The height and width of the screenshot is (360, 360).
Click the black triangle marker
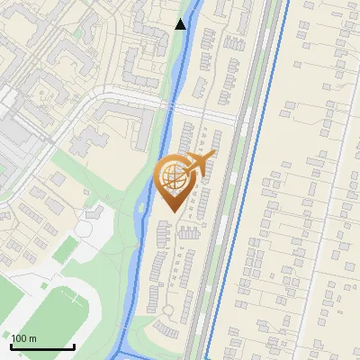(x=181, y=24)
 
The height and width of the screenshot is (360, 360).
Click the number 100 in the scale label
(x=21, y=338)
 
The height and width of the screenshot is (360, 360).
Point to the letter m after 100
(x=33, y=338)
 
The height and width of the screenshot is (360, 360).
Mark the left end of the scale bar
(x=12, y=346)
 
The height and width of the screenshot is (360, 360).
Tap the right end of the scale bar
(x=74, y=346)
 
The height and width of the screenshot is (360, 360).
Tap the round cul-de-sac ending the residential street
(x=169, y=310)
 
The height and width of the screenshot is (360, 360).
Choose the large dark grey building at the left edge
(x=16, y=135)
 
